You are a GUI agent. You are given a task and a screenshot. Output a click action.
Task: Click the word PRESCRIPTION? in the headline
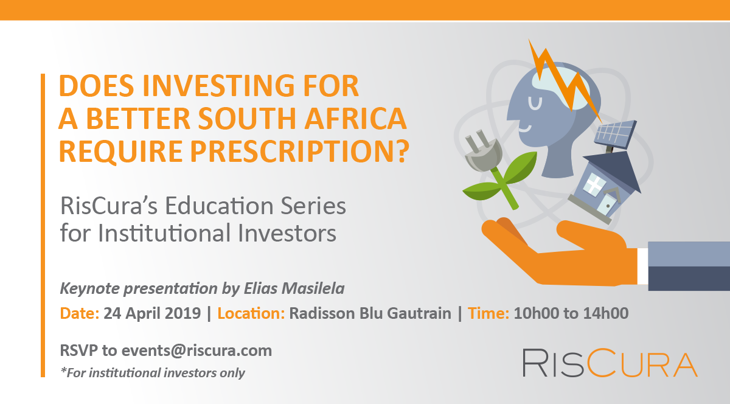point(299,151)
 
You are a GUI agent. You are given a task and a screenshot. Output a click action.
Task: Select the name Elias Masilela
point(294,288)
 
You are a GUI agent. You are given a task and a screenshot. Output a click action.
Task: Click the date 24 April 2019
point(152,313)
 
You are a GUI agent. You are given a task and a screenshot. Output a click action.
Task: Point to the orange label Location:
point(251,313)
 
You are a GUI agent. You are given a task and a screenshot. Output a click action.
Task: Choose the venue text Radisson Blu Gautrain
point(370,313)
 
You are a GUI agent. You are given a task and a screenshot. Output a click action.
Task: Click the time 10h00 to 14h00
point(571,313)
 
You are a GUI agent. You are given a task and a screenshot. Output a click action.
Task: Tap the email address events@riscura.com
point(197,351)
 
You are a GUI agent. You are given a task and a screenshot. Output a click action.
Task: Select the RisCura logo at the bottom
point(610,363)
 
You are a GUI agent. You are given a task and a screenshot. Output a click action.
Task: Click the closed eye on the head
point(535,103)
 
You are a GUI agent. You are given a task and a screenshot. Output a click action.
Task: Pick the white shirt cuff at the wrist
point(642,266)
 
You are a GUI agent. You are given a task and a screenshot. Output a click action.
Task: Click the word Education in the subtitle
point(220,206)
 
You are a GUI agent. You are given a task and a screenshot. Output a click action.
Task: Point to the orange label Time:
point(488,313)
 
